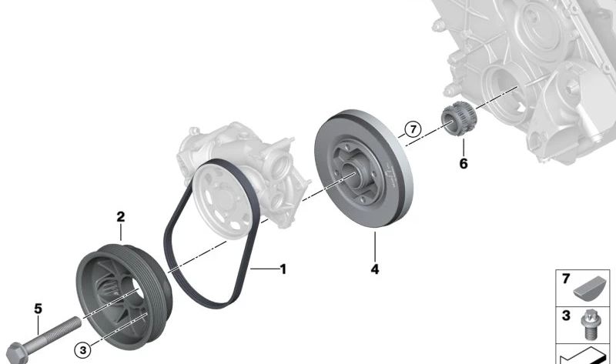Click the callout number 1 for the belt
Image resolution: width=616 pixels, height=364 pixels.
(x=283, y=269)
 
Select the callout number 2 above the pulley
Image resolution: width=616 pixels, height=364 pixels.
(x=120, y=217)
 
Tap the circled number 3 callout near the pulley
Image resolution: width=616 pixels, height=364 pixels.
(x=84, y=349)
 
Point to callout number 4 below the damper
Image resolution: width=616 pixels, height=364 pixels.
(x=375, y=269)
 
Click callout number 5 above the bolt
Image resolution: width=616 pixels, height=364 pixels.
(x=38, y=309)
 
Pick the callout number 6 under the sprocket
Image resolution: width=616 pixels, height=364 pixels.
(x=463, y=163)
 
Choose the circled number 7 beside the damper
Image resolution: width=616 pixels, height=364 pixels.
(x=412, y=129)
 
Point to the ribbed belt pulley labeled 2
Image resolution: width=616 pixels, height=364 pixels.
(x=123, y=292)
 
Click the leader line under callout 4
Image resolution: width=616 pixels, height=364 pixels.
(x=375, y=246)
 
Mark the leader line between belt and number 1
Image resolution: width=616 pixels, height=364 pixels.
(x=262, y=269)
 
